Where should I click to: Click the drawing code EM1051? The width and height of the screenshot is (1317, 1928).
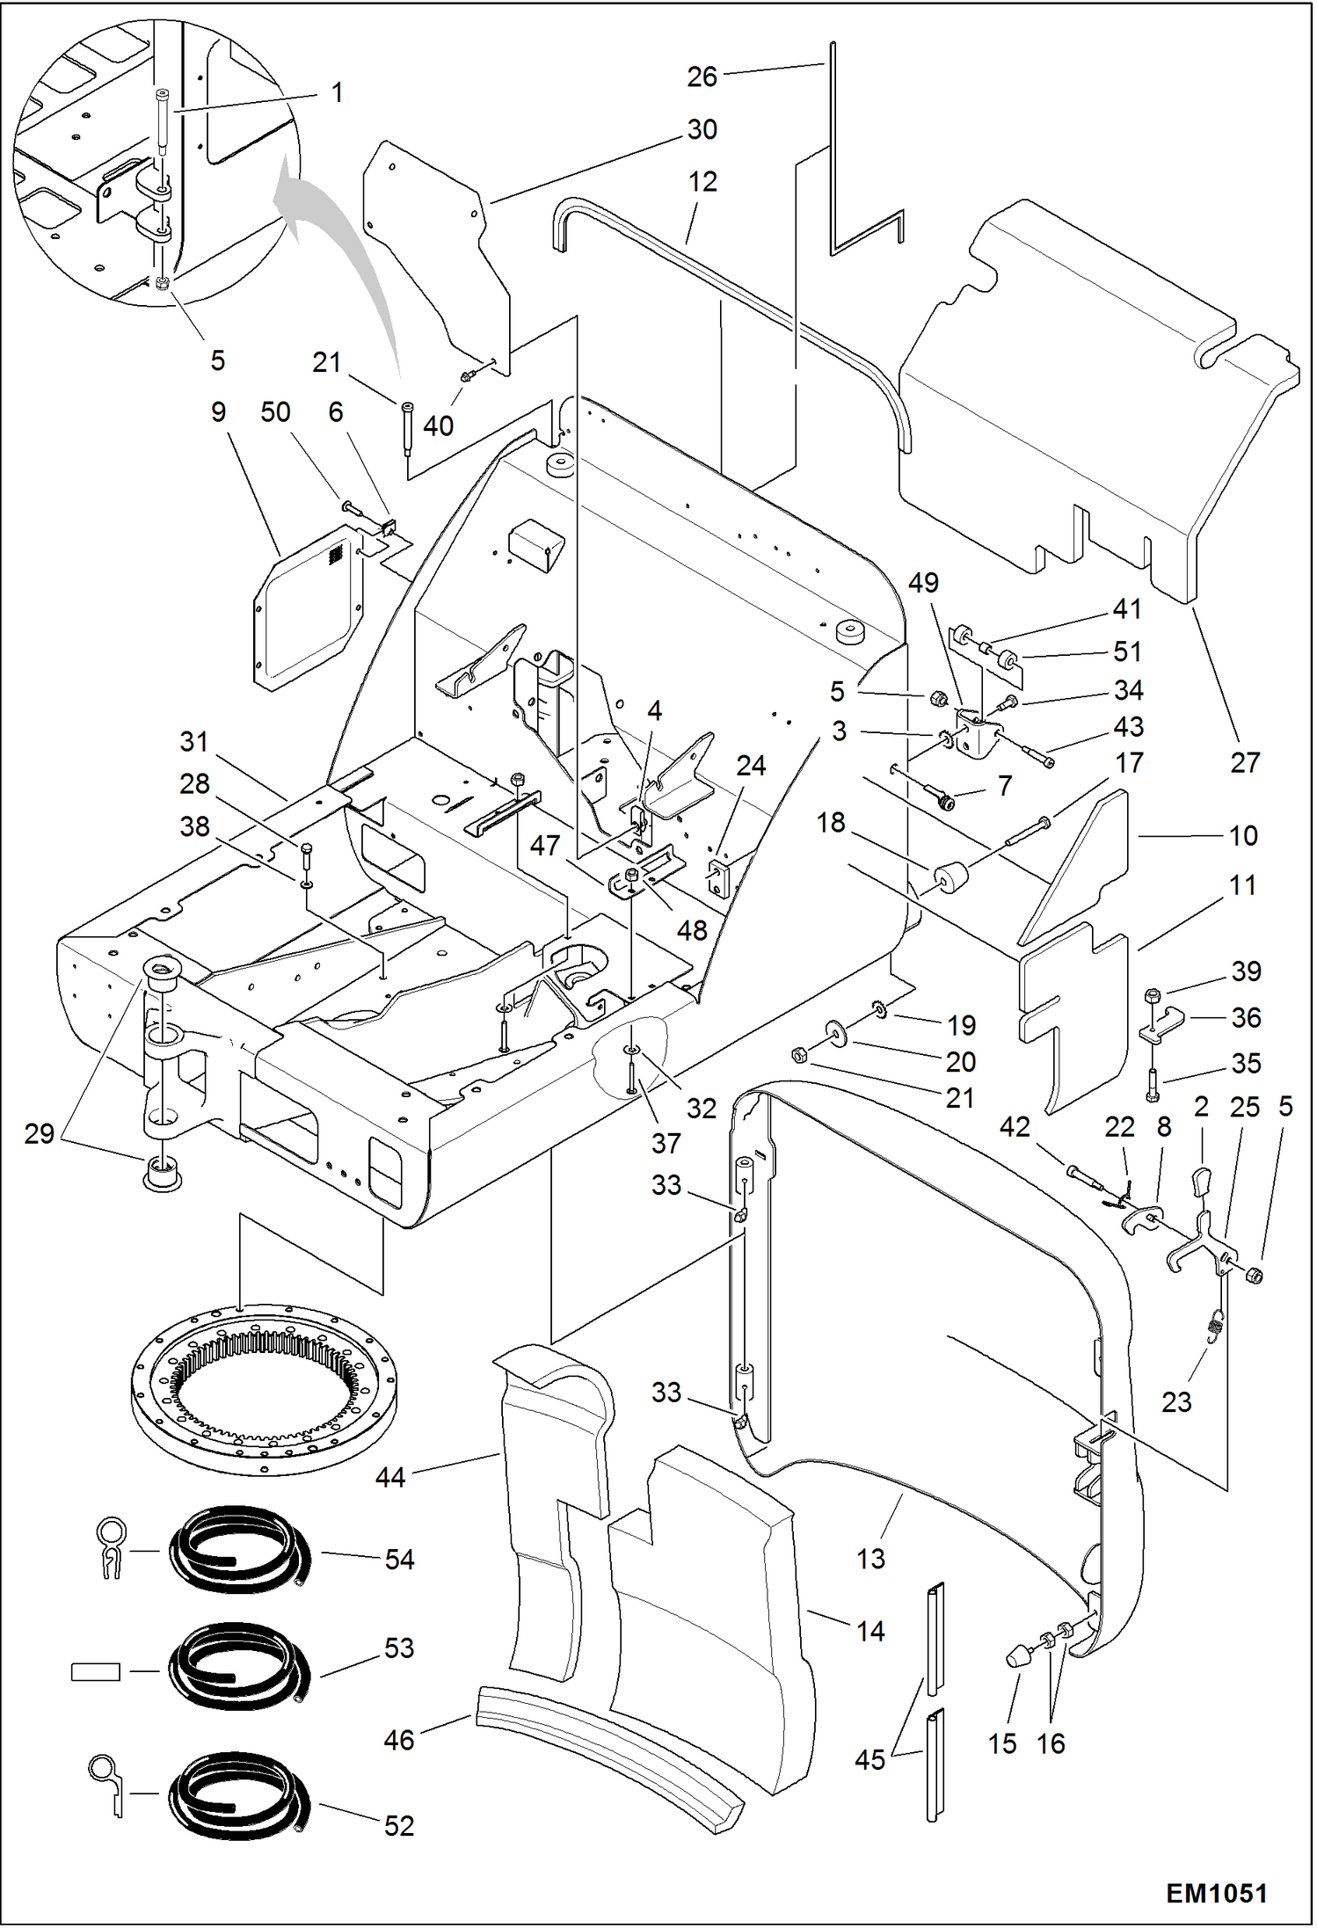tap(1216, 1893)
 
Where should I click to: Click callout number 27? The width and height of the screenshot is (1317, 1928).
tap(1244, 762)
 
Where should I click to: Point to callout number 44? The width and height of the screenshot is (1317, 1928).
tap(390, 1477)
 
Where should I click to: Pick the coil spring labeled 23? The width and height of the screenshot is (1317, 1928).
tap(1217, 1324)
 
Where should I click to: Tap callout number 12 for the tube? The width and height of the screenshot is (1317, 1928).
tap(702, 182)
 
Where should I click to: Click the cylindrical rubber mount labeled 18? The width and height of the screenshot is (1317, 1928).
tap(950, 877)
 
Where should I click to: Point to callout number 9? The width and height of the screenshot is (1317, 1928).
tap(218, 411)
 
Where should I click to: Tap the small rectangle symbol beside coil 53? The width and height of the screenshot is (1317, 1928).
tap(95, 1671)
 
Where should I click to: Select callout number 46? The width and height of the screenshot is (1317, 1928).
tap(398, 1739)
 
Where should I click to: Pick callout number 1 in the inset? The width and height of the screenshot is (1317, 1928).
tap(337, 92)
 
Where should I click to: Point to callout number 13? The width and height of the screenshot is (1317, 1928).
tap(870, 1558)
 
